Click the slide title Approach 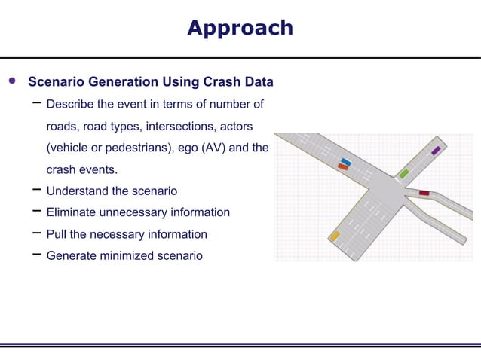coord(240,28)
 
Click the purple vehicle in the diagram coord(436,151)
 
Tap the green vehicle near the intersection coord(404,173)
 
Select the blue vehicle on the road coord(346,161)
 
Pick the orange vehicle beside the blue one coord(343,167)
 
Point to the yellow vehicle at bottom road coord(334,236)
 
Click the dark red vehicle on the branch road coord(424,194)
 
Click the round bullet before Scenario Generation coord(11,81)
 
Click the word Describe coord(71,103)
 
